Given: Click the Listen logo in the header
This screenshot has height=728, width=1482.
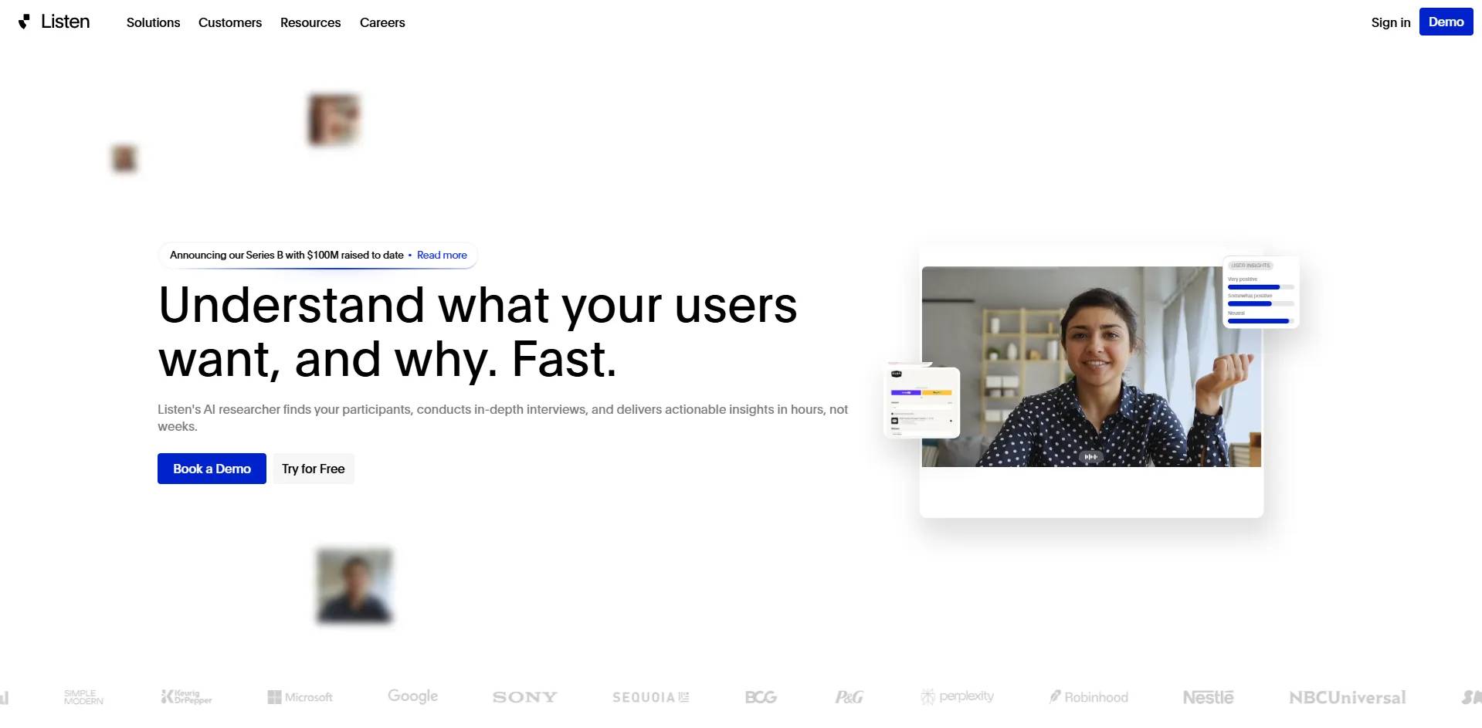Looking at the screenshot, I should (54, 22).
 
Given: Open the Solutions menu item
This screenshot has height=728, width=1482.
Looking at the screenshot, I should (153, 22).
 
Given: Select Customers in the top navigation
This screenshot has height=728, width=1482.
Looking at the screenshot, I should (230, 22).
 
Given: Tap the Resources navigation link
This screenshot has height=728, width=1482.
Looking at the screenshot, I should (310, 22).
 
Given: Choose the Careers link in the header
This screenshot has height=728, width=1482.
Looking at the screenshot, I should (382, 22).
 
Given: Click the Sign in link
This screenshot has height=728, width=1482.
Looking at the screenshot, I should (1390, 22).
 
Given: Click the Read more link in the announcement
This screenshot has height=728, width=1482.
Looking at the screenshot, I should (442, 255).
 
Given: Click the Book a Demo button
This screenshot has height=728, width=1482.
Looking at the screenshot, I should (212, 469).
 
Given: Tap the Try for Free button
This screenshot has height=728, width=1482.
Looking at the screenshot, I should (313, 469).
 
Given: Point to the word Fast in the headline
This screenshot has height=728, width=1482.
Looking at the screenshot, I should (563, 359).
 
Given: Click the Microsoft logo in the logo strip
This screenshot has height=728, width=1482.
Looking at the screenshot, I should (300, 697).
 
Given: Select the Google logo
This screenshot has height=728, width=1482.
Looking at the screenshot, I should (412, 696).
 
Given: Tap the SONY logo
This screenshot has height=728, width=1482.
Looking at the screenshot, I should (524, 697).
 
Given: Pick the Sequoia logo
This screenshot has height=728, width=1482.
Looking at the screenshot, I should (650, 697).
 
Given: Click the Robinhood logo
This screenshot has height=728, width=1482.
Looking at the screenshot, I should (1088, 697).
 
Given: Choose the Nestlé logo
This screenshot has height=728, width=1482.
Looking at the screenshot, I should (1208, 697).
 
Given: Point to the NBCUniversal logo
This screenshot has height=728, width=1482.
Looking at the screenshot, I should (1347, 697).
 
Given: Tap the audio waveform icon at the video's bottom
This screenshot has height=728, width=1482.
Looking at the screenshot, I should (1090, 457).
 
